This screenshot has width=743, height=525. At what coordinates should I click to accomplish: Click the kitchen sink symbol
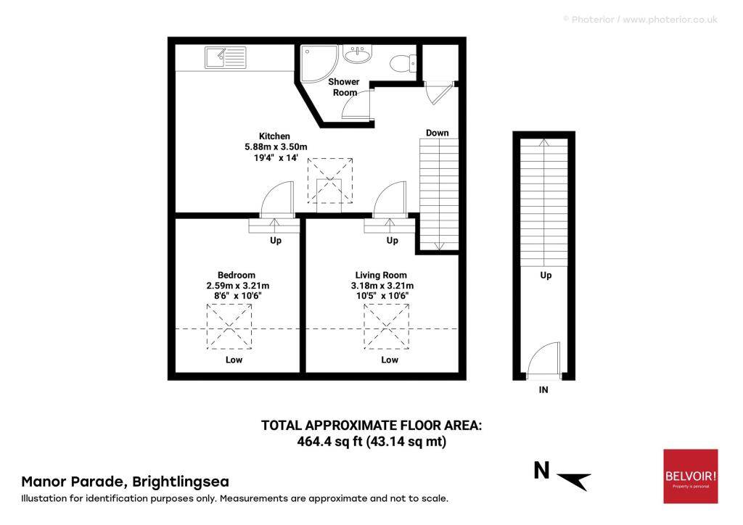tap(226, 57)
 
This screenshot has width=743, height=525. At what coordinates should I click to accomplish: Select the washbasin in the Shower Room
tap(356, 55)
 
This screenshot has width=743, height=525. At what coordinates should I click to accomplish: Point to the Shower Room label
tap(345, 87)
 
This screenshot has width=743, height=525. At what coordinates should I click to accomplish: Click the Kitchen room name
tap(275, 136)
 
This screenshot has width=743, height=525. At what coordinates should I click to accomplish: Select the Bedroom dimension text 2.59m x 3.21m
tap(237, 286)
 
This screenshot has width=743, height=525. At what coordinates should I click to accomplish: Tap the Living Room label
tap(380, 275)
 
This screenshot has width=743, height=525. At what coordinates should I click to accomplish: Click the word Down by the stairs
tap(437, 133)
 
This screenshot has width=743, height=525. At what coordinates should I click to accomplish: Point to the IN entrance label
tap(543, 390)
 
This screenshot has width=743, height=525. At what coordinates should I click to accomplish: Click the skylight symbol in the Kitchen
tap(330, 181)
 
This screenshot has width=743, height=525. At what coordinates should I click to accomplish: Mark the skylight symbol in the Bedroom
tap(230, 326)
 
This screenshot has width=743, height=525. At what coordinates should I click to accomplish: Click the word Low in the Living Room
tap(390, 360)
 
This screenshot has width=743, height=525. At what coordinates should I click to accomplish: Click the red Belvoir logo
tap(690, 476)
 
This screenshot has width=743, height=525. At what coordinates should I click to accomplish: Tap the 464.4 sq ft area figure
tap(331, 441)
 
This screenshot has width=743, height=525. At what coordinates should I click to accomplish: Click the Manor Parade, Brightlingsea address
tap(125, 481)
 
